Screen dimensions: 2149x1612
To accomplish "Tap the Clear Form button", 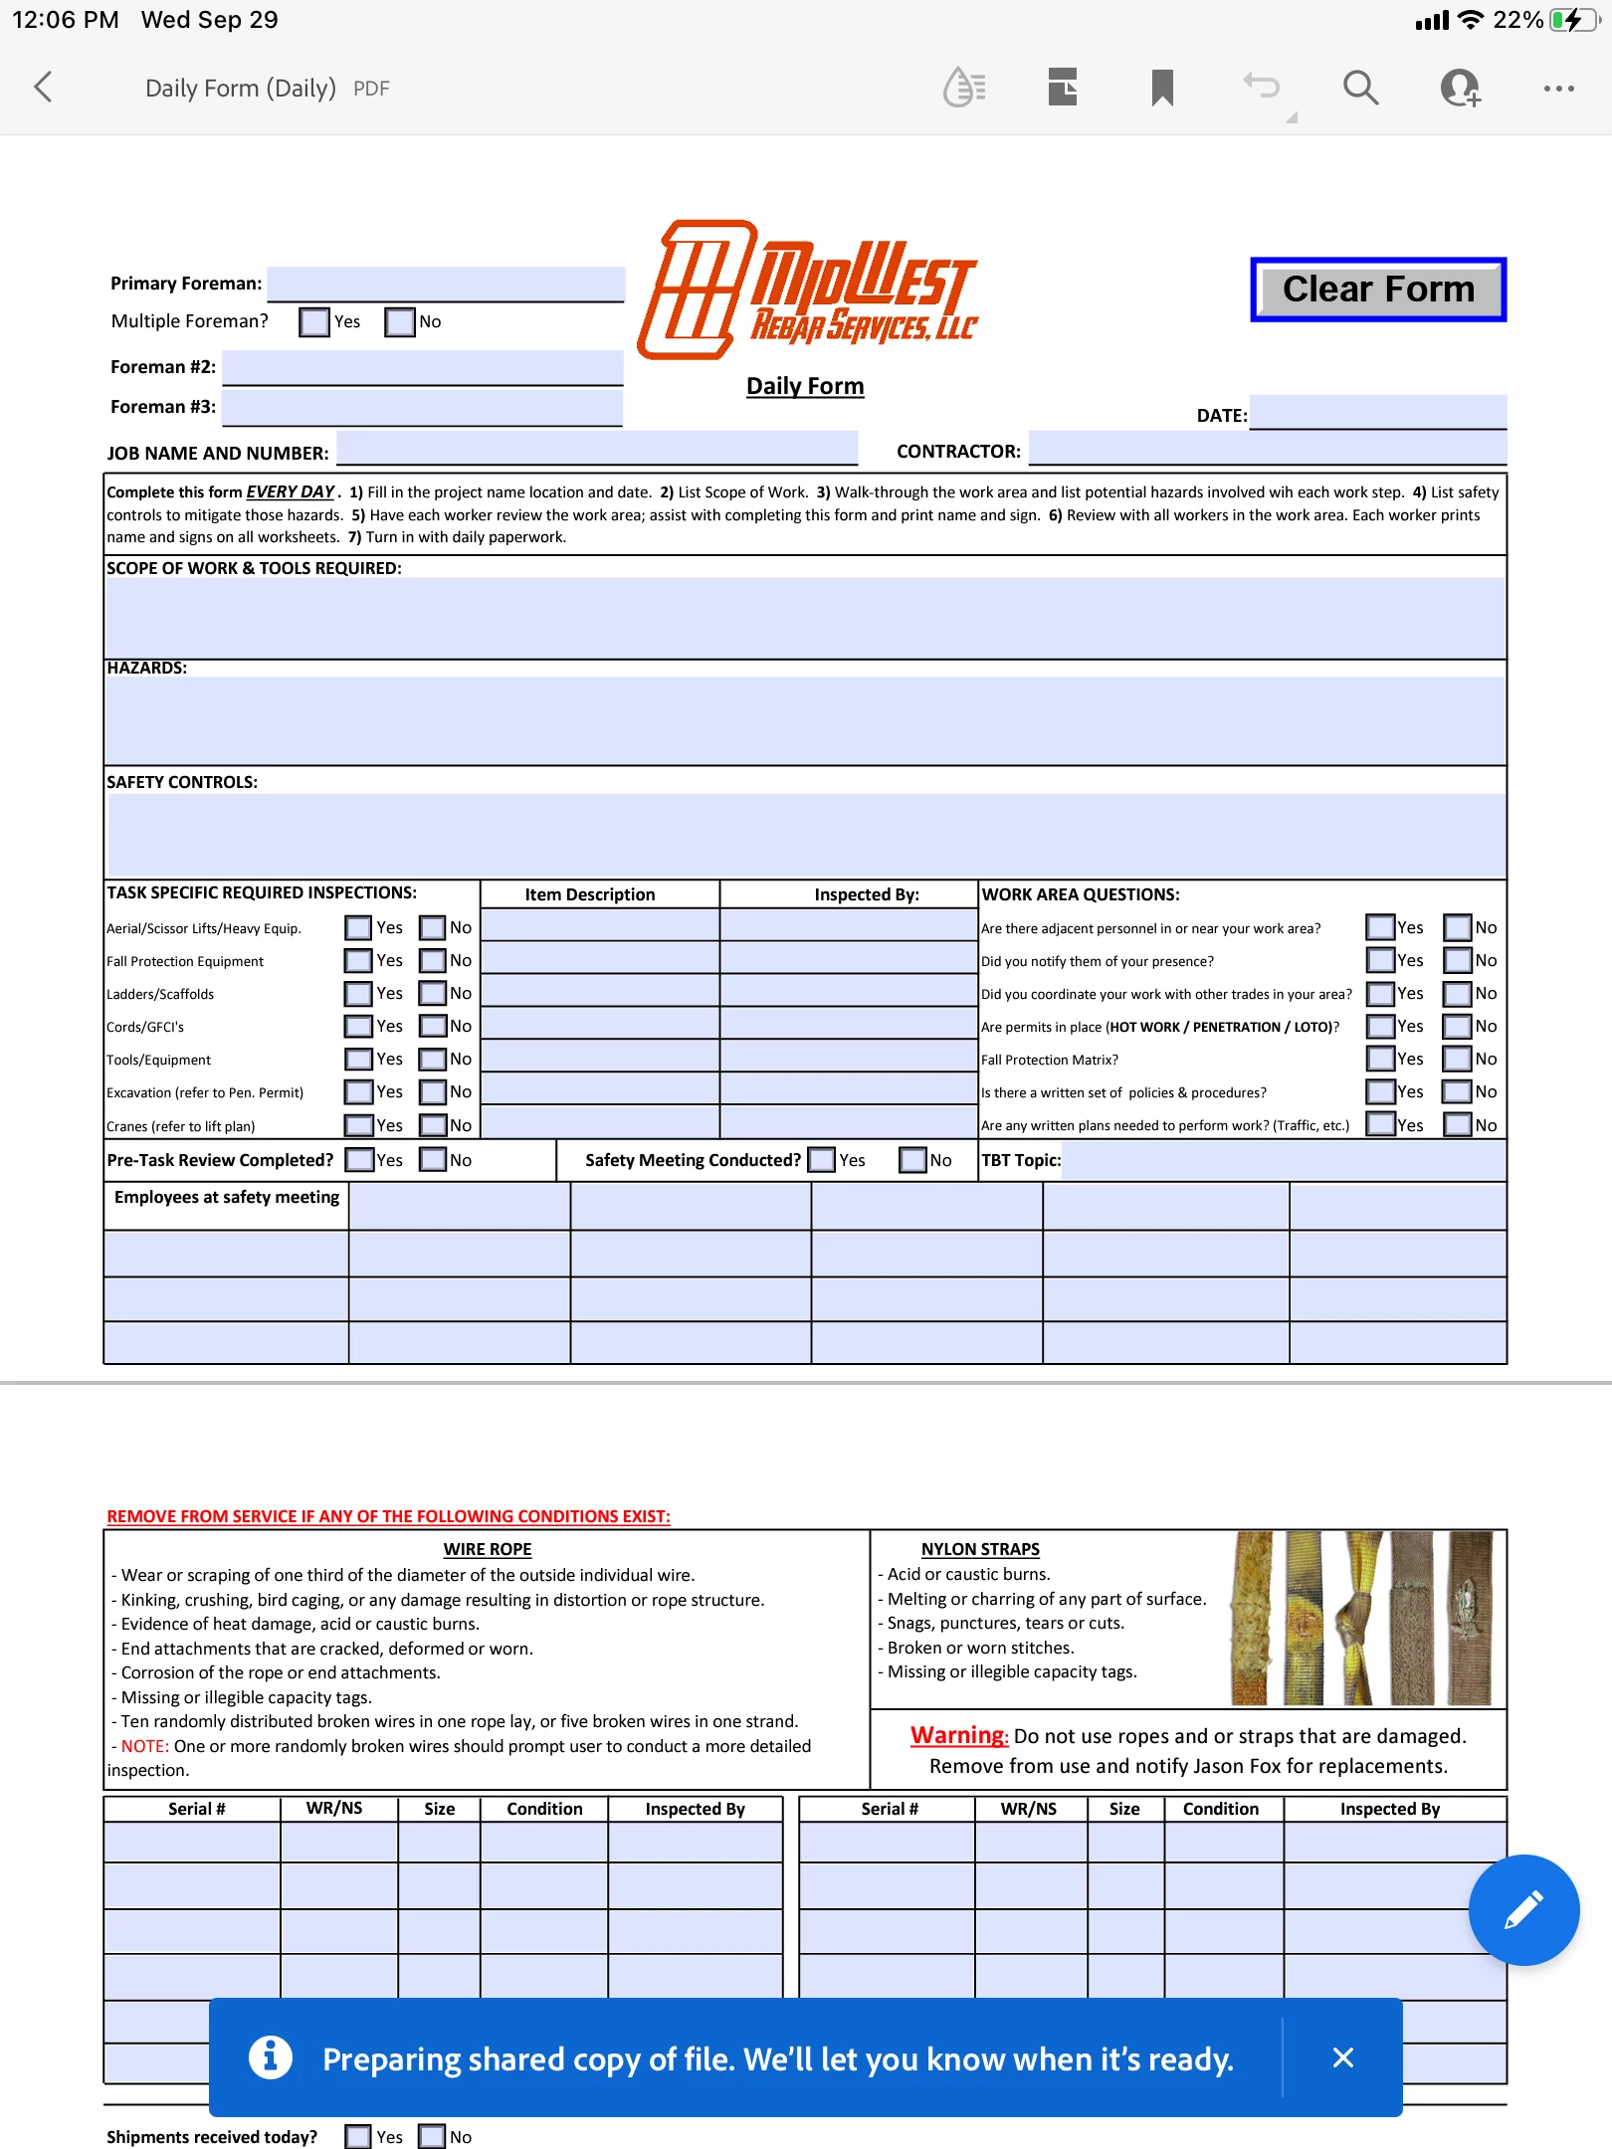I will [x=1378, y=290].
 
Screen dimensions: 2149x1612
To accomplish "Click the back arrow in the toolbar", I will [x=43, y=88].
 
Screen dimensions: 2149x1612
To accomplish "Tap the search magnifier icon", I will [x=1360, y=88].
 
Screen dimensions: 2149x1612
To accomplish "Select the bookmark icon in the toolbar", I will [x=1162, y=88].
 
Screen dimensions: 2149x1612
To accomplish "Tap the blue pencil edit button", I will [x=1523, y=1909].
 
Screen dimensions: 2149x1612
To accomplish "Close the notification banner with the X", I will [x=1342, y=2057].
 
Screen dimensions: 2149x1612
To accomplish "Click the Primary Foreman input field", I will [x=446, y=284].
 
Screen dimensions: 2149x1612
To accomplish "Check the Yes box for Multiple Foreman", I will [x=314, y=322].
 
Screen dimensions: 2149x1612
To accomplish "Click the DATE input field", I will [x=1378, y=412].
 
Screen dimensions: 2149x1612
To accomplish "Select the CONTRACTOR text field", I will [x=1268, y=448].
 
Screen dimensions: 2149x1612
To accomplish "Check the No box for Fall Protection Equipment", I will [x=433, y=961].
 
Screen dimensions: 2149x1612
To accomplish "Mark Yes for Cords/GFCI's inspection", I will [x=358, y=1027].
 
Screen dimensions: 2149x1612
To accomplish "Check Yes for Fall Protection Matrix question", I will [x=1380, y=1060].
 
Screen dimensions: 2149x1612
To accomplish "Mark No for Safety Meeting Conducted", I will [x=912, y=1161].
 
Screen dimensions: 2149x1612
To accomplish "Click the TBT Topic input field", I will [x=1284, y=1161].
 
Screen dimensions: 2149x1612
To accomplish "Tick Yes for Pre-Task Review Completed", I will [x=359, y=1161].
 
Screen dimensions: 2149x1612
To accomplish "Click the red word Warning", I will [x=958, y=1735].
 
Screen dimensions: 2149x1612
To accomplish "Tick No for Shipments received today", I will [x=433, y=2137].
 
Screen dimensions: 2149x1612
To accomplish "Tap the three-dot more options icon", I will [x=1558, y=89].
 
